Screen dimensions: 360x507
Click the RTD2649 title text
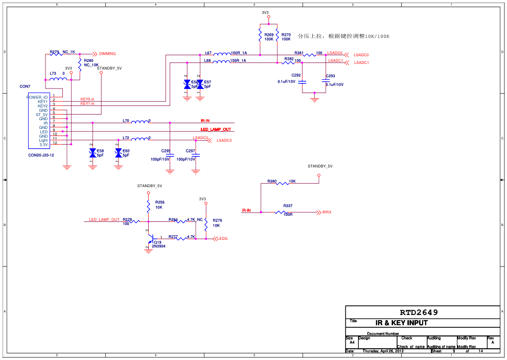point(419,312)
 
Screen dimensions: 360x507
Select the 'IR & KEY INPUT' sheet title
point(401,323)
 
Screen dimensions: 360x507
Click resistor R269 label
point(269,35)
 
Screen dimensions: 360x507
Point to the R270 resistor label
point(286,35)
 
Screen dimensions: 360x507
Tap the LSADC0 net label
point(361,55)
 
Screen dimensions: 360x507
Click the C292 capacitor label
point(296,75)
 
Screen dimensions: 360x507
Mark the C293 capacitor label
point(330,76)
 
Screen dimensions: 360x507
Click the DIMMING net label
point(107,54)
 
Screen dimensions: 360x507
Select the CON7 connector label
point(25,86)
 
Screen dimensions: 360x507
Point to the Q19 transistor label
point(157,242)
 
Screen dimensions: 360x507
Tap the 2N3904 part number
point(158,246)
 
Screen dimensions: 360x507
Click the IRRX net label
point(327,212)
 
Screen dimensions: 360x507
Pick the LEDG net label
point(223,239)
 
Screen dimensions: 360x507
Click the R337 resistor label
point(288,206)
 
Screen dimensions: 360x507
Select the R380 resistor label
point(272,181)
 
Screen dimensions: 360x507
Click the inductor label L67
point(208,53)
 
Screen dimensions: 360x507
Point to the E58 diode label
point(100,151)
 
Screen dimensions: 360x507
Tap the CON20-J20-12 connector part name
point(41,155)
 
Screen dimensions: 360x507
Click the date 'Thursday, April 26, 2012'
point(383,351)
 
